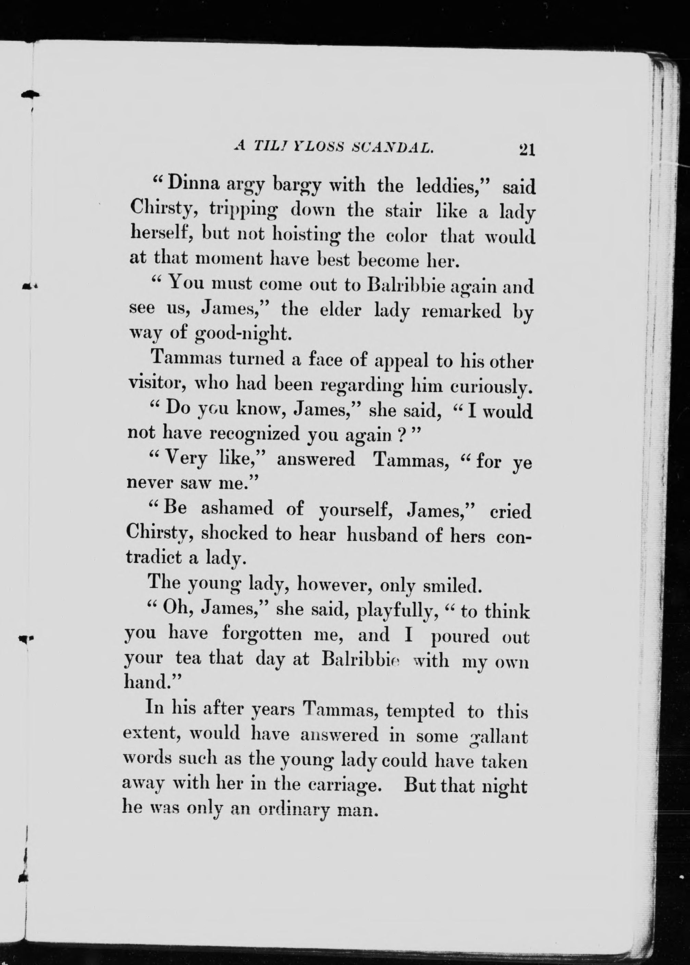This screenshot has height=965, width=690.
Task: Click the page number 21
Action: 526,150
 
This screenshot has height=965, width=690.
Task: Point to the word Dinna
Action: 194,184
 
